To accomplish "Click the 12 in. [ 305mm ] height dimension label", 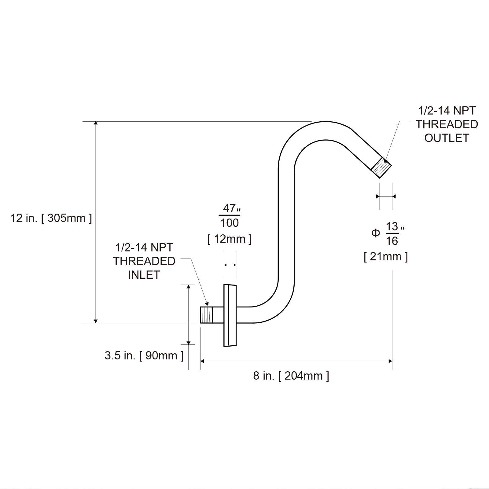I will tap(51, 218).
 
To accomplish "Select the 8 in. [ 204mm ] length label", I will tap(291, 376).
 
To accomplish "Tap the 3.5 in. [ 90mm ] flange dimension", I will tap(144, 355).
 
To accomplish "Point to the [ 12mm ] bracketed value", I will tap(230, 239).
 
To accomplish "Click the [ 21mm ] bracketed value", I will tap(386, 256).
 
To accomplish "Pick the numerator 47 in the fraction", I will tap(229, 208).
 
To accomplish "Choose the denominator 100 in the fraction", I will tap(230, 223).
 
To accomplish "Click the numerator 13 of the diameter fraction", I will tap(392, 226).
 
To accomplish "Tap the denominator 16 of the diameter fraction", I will tap(392, 241).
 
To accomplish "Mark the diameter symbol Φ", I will tap(375, 233).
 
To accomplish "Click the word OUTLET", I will tap(447, 138).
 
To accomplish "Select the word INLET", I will tap(144, 275).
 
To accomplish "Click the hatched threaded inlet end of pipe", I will tap(207, 315).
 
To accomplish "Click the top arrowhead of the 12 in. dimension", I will tap(96, 123).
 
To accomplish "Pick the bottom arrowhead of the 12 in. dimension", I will tap(96, 321).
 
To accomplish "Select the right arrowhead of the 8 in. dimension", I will tap(390, 361).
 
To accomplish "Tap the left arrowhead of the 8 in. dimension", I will tap(202, 361).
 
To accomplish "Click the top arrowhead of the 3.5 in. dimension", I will tap(189, 286).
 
